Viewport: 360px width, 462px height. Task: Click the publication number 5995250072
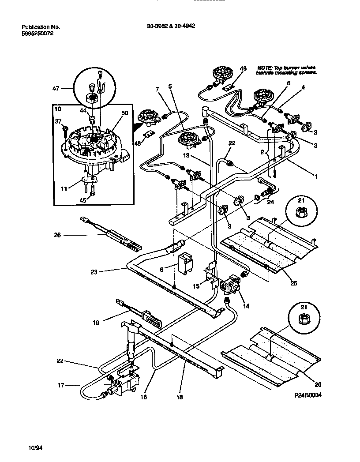click(x=37, y=33)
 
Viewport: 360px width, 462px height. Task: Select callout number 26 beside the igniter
click(x=57, y=235)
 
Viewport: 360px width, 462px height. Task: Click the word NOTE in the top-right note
click(x=263, y=68)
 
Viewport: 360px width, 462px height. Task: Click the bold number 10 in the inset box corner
click(x=58, y=108)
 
